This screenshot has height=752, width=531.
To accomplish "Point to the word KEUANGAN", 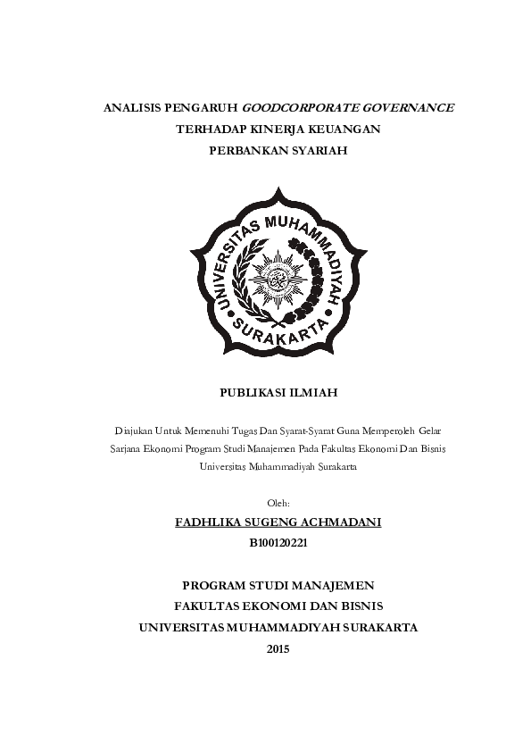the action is pyautogui.click(x=346, y=130).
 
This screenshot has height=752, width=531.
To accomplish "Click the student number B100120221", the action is pyautogui.click(x=278, y=542).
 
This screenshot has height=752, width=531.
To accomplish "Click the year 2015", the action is pyautogui.click(x=278, y=649).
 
